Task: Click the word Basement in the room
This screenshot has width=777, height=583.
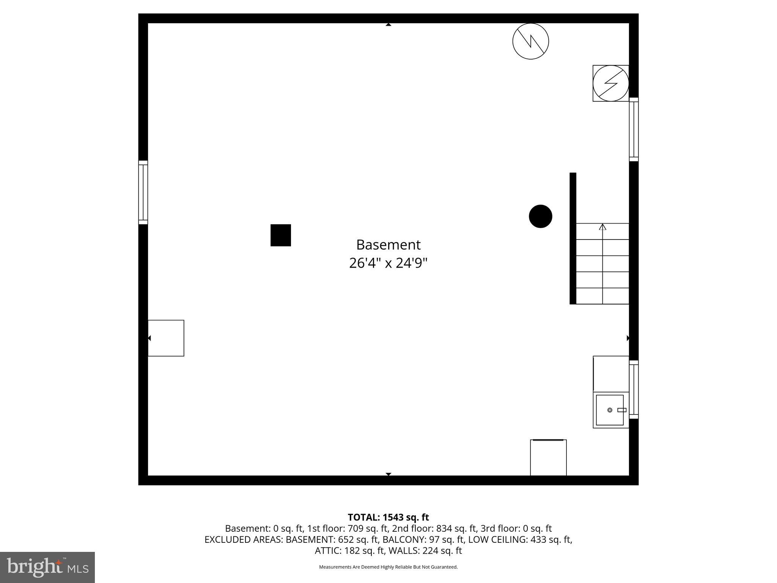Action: (388, 245)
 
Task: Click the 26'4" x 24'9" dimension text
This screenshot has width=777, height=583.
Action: (388, 263)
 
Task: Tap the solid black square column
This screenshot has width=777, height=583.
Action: (280, 235)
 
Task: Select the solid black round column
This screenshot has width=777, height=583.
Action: (540, 216)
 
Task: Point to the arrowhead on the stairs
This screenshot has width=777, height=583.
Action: (602, 227)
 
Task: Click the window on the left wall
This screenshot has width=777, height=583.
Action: (143, 192)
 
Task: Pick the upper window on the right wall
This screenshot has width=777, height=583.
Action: (634, 129)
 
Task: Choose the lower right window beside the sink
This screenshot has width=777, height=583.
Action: (634, 390)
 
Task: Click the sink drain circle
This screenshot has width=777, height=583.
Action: (610, 410)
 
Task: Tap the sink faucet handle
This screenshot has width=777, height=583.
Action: (621, 410)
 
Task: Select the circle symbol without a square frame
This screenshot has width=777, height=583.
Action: (530, 41)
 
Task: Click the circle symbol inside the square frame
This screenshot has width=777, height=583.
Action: (610, 83)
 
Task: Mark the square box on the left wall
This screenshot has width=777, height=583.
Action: (166, 338)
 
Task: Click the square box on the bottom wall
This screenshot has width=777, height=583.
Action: (548, 458)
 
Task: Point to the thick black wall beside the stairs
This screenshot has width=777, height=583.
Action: (573, 238)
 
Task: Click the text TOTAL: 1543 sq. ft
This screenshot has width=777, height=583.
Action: (388, 517)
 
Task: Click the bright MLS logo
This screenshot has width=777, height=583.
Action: (47, 567)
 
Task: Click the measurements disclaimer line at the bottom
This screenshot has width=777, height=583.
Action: (388, 567)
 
